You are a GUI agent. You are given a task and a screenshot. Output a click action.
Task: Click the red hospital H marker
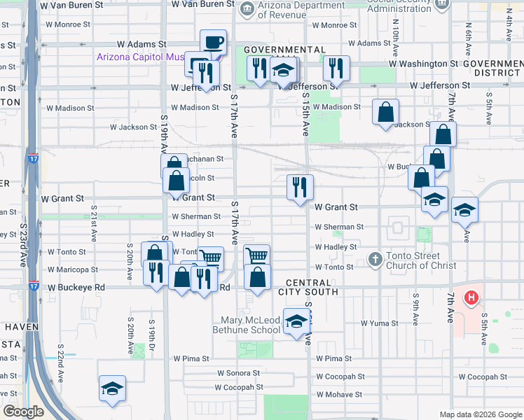tap(471, 297)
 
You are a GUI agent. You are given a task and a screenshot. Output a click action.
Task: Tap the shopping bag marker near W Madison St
tap(385, 112)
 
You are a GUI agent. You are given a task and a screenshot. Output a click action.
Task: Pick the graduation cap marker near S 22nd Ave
tap(111, 389)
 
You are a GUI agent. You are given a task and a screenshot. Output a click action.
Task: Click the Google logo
tap(23, 412)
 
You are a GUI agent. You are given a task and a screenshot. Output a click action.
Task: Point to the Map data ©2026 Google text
tap(480, 414)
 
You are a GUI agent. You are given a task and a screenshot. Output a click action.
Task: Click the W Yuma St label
tap(379, 323)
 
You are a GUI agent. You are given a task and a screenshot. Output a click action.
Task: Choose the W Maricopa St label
tap(74, 269)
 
